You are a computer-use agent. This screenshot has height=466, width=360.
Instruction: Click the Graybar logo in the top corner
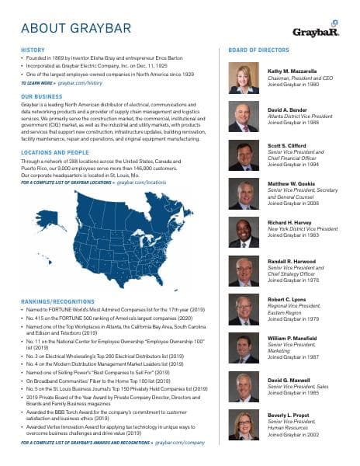coord(316,32)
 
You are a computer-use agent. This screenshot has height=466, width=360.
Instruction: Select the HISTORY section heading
coord(33,50)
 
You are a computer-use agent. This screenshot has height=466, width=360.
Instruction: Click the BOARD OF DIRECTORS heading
coord(258,50)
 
